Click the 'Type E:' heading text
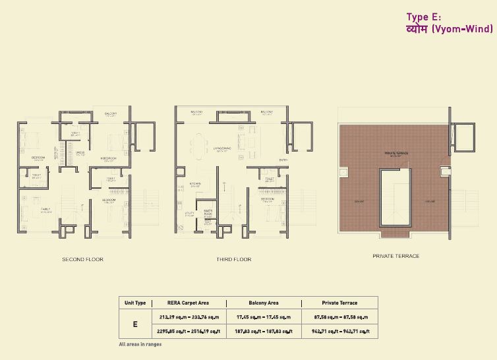423,17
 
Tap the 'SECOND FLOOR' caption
82,260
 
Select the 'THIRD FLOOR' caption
233,260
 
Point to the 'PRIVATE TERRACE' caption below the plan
395,256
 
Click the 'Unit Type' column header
135,303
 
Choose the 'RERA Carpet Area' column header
189,303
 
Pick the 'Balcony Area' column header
264,303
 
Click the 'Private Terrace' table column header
339,303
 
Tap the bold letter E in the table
135,324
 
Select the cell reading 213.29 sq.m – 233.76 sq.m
189,317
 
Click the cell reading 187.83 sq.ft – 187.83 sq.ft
264,332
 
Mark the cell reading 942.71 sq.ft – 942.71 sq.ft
339,332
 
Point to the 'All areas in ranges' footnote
140,344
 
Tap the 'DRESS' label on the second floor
80,152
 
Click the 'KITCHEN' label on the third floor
195,184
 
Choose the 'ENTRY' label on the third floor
283,160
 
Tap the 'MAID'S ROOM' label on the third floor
208,212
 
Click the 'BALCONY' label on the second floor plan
111,113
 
